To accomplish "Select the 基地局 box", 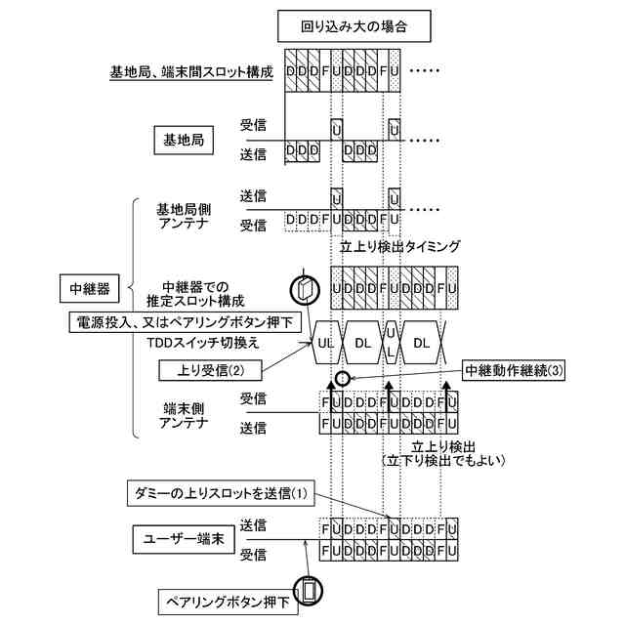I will tap(183, 140).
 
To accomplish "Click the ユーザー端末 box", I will tap(184, 539).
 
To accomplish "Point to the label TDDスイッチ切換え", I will tap(203, 344).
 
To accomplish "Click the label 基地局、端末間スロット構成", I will tap(189, 72).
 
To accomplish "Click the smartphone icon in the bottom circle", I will tap(310, 590).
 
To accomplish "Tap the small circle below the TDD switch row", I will tap(342, 378).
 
